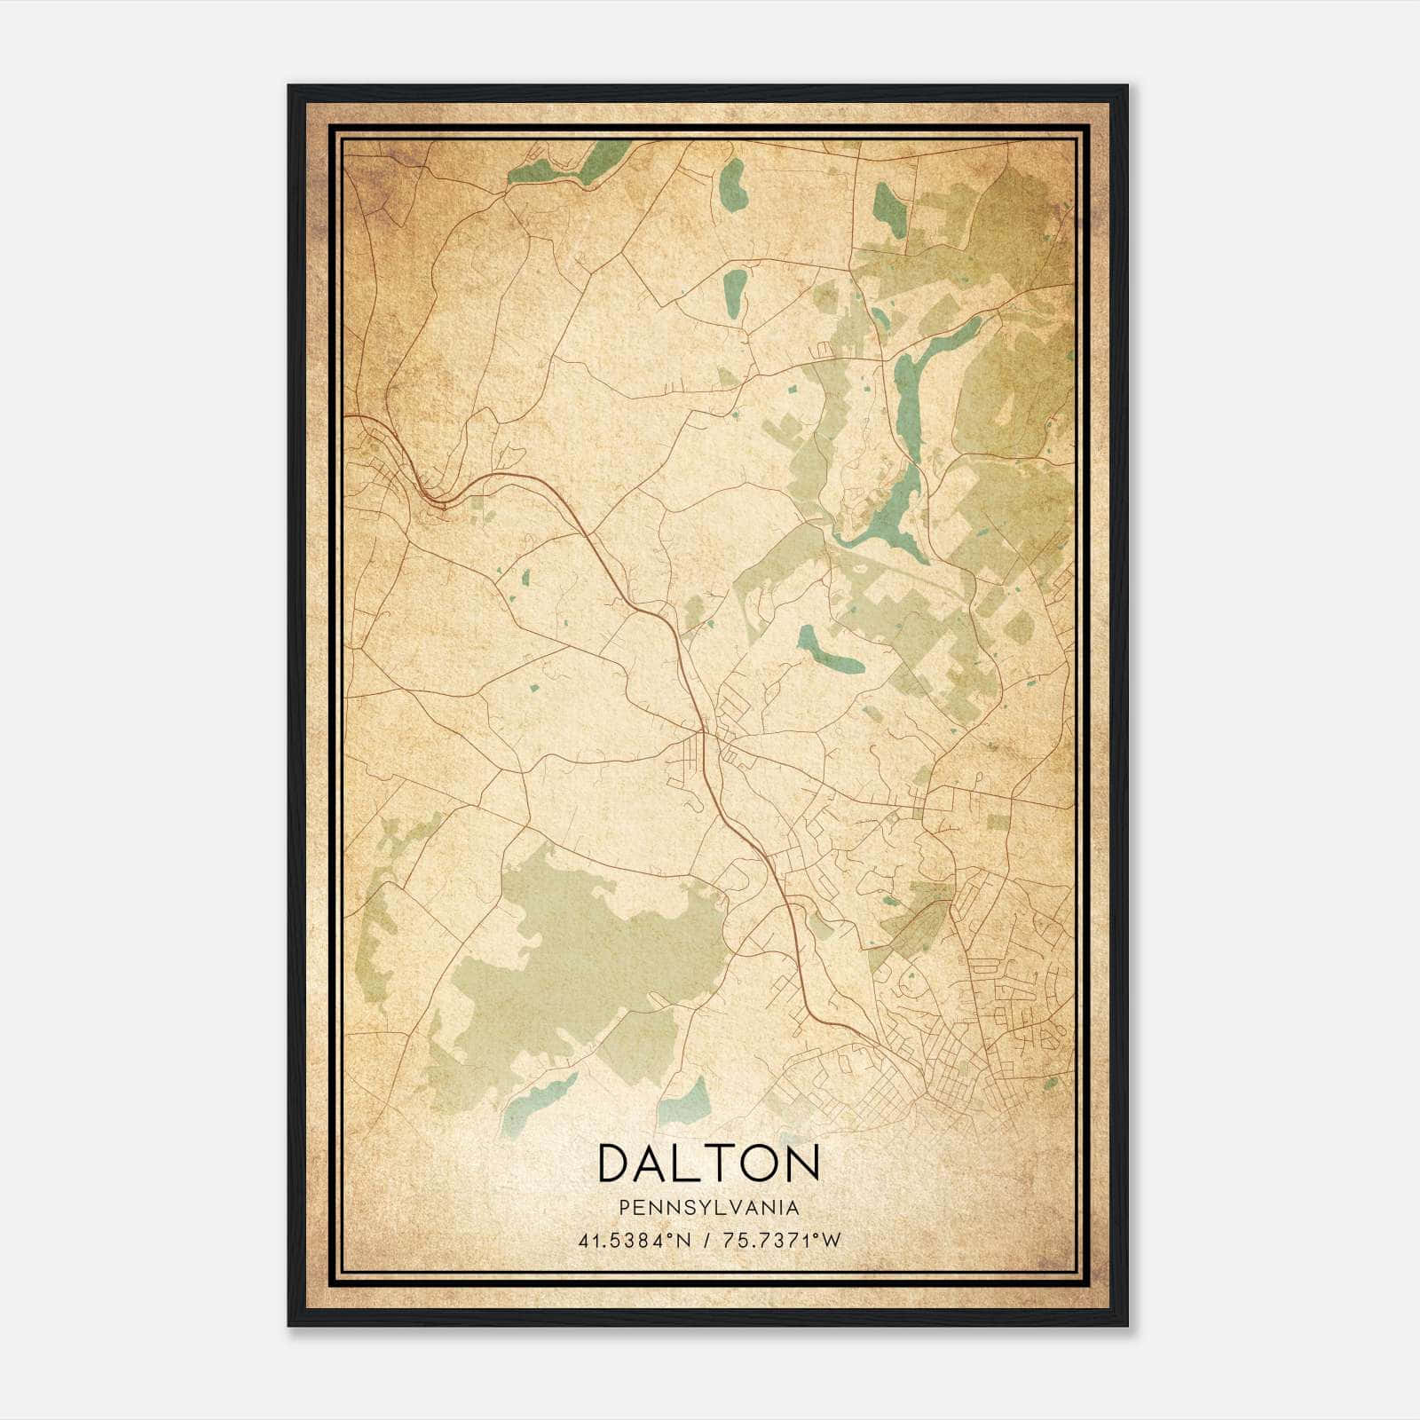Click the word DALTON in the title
(708, 1163)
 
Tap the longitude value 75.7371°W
(781, 1241)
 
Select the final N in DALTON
(801, 1163)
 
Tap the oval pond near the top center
(732, 185)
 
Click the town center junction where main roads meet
(704, 733)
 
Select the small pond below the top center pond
(735, 293)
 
